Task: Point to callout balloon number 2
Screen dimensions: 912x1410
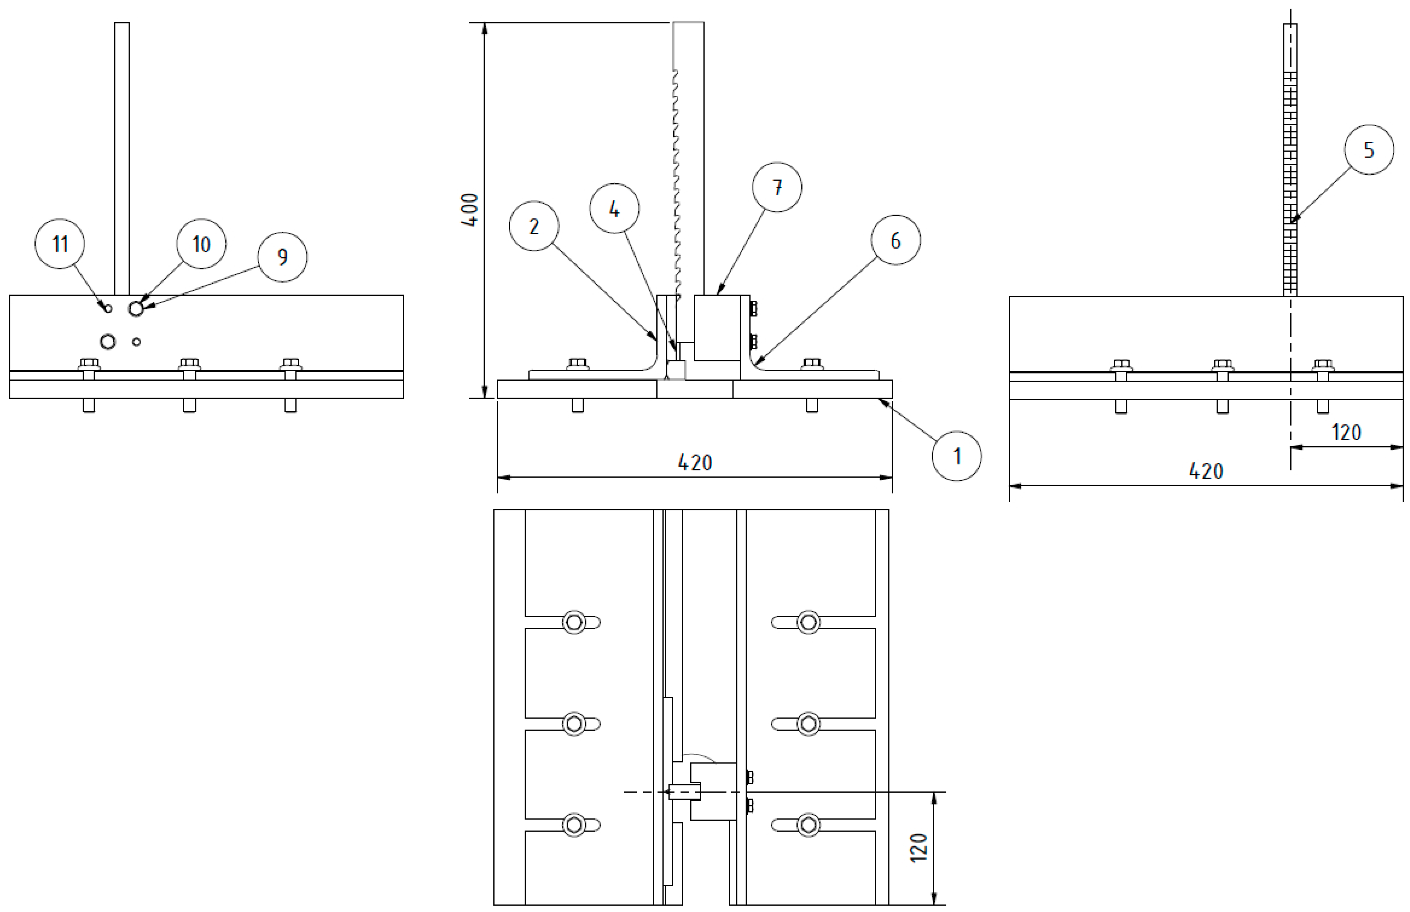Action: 534,226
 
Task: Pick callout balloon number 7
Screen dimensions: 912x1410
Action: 777,187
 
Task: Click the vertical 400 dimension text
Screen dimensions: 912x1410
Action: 470,210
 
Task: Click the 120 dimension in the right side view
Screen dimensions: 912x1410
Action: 1346,432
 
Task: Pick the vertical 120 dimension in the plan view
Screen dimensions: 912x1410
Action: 918,847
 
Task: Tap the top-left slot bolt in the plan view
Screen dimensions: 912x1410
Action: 574,622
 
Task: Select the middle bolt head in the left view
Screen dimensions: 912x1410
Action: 189,363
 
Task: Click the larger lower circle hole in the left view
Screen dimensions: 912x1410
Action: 108,342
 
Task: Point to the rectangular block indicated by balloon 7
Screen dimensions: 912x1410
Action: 717,327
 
